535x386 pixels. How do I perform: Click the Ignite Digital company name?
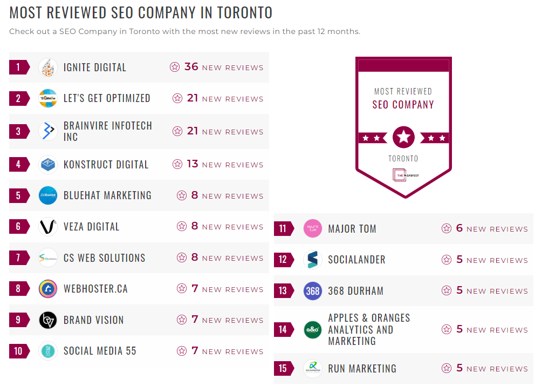95,67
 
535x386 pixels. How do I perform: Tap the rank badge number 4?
18,165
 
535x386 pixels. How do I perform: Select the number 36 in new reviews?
191,67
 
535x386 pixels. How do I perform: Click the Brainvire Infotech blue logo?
48,131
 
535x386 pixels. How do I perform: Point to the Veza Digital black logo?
48,227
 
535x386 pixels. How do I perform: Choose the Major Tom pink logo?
313,228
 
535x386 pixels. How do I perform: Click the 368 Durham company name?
355,291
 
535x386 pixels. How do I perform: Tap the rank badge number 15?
283,369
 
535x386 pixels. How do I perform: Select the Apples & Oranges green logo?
313,330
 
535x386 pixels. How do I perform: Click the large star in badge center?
403,137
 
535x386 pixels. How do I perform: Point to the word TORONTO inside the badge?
403,159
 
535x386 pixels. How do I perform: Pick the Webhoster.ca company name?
95,289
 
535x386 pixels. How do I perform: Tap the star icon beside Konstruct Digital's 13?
177,164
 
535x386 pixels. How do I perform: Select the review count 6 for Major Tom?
459,228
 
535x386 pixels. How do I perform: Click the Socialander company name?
356,260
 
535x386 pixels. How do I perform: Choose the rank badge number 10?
18,351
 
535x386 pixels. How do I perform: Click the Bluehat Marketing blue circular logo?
48,195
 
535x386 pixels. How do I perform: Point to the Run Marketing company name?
362,369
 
